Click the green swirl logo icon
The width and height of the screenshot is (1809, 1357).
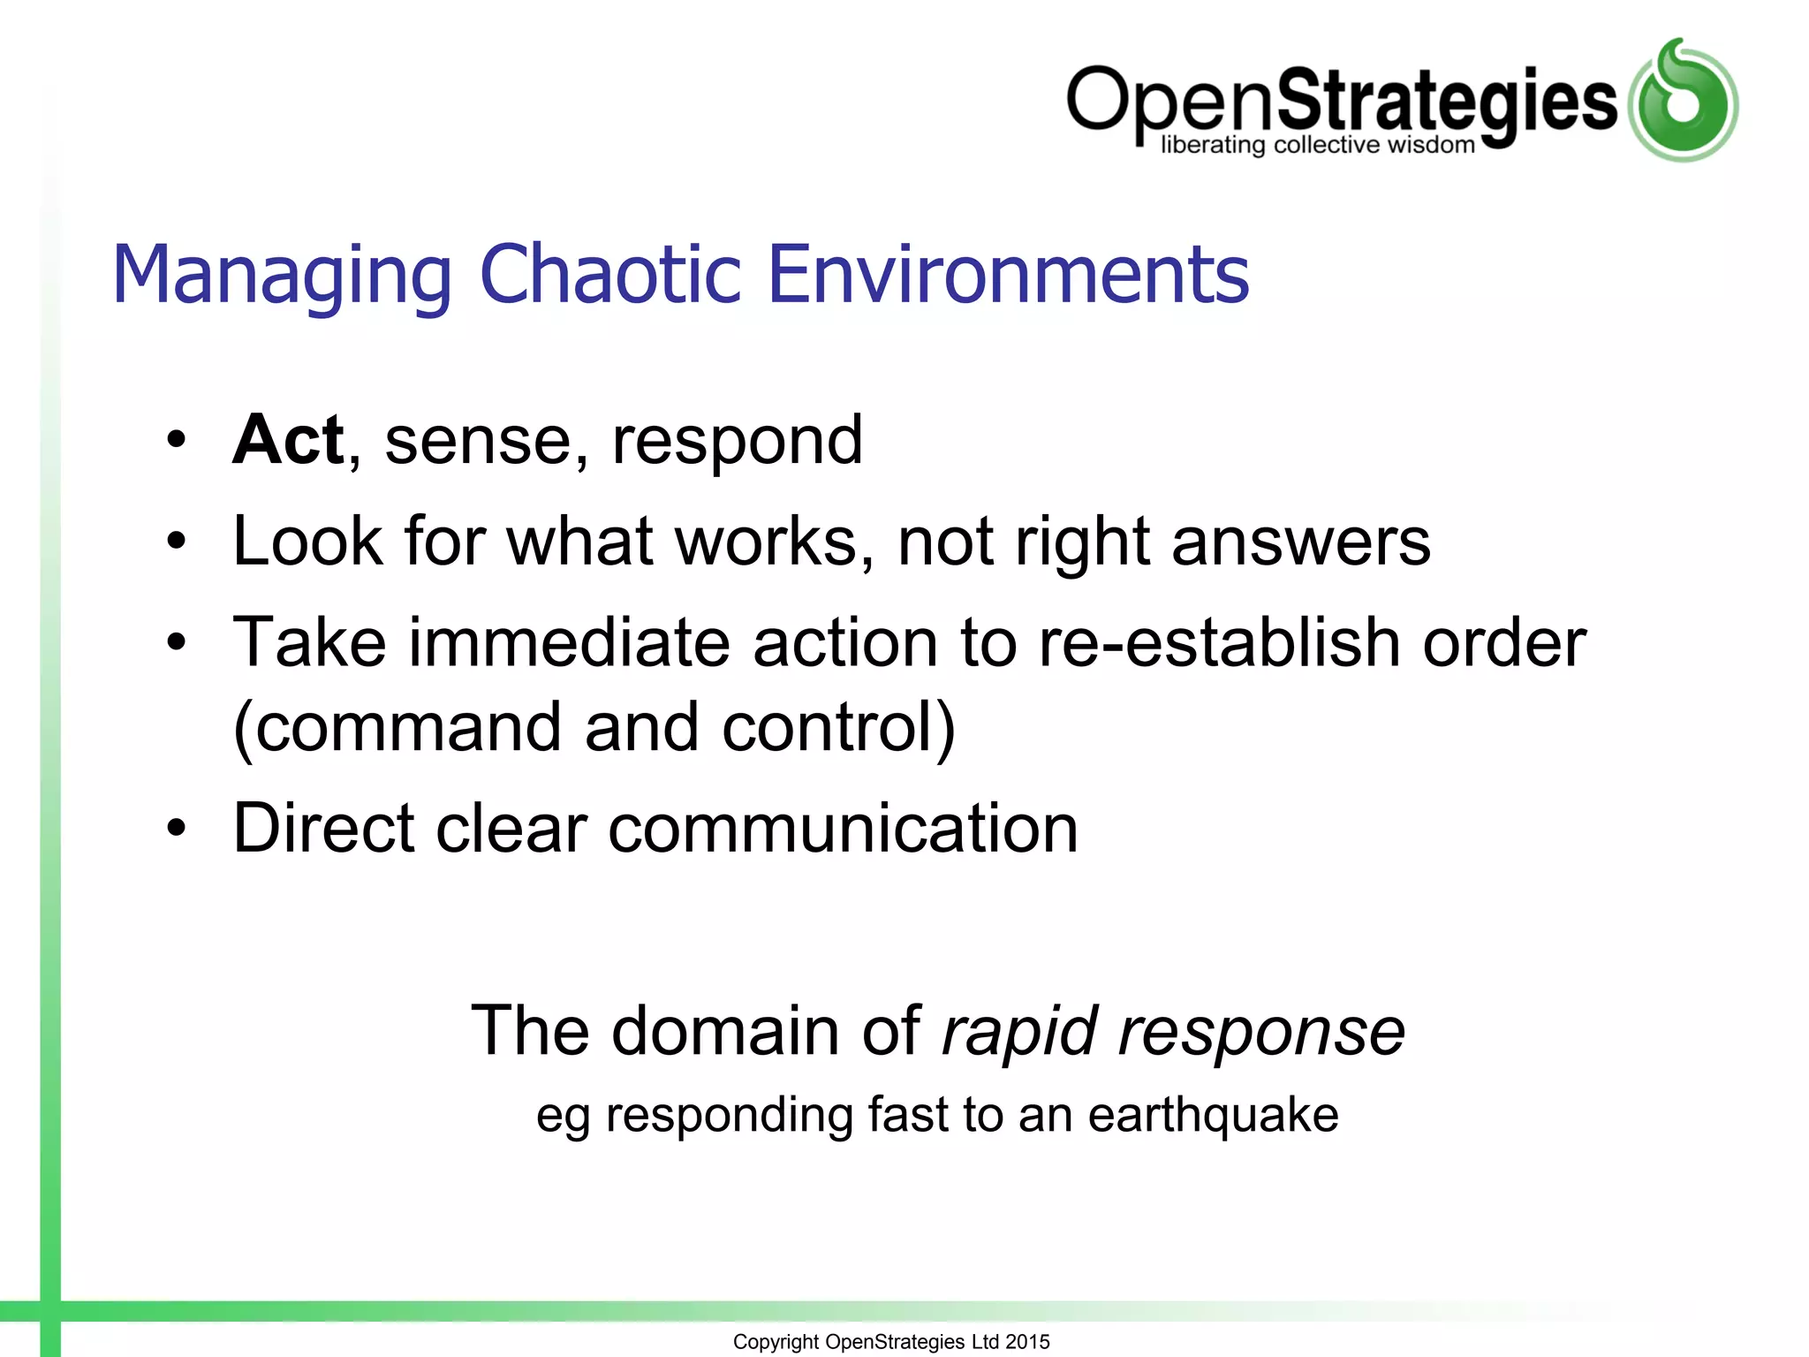(x=1683, y=101)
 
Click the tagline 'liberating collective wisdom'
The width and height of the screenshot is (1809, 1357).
(x=1317, y=145)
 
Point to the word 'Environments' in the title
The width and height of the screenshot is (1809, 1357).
(x=1008, y=275)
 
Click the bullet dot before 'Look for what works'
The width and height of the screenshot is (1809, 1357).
(x=178, y=541)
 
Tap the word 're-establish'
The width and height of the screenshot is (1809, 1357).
(x=1220, y=641)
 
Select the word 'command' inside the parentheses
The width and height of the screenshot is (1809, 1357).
(x=406, y=728)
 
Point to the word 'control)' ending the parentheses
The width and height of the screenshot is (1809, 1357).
(x=838, y=728)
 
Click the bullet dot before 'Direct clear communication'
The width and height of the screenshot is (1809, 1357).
(x=178, y=829)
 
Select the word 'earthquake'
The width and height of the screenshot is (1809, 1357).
(x=1213, y=1115)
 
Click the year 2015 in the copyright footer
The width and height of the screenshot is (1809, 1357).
(x=1027, y=1341)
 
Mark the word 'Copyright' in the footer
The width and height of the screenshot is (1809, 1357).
(x=776, y=1342)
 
